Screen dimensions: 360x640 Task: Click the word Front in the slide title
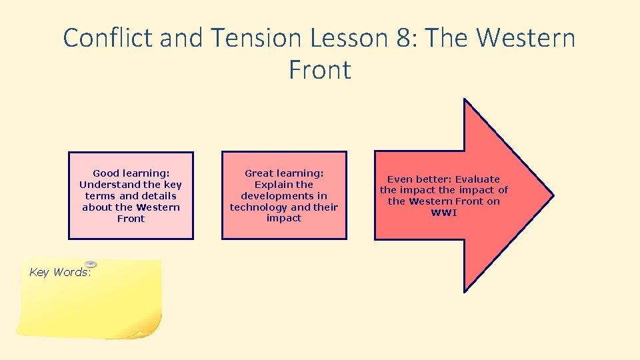pyautogui.click(x=320, y=70)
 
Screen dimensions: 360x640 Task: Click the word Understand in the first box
pyautogui.click(x=109, y=185)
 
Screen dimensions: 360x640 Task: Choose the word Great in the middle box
pyautogui.click(x=259, y=173)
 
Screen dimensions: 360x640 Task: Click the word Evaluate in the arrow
pyautogui.click(x=477, y=179)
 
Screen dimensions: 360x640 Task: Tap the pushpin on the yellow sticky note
pyautogui.click(x=91, y=264)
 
